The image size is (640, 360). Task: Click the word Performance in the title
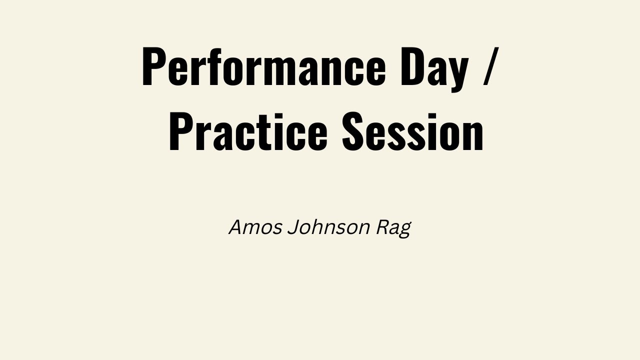click(263, 66)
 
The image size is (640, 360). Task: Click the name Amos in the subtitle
click(255, 227)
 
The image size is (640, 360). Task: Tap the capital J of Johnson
click(292, 227)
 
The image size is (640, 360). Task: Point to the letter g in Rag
click(404, 230)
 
